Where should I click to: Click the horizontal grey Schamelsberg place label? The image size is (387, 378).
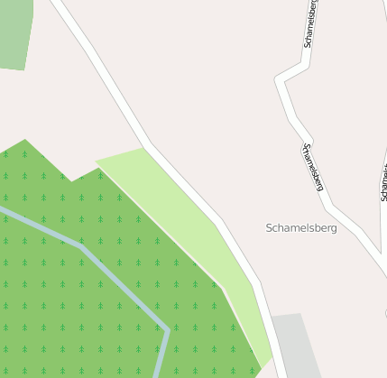tap(301, 228)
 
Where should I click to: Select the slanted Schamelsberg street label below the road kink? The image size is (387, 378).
tap(313, 168)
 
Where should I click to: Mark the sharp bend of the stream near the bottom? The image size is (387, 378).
tap(167, 329)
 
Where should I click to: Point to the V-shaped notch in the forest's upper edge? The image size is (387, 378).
tap(72, 180)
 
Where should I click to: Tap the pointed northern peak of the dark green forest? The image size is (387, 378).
tap(25, 141)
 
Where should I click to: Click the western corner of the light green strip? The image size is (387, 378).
tap(97, 161)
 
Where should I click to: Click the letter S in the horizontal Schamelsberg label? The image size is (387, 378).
tap(270, 228)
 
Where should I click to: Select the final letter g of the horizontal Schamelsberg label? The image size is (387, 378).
tap(333, 229)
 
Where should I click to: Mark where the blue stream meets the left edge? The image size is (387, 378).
tap(2, 210)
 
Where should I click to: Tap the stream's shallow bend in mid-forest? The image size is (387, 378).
tap(81, 244)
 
